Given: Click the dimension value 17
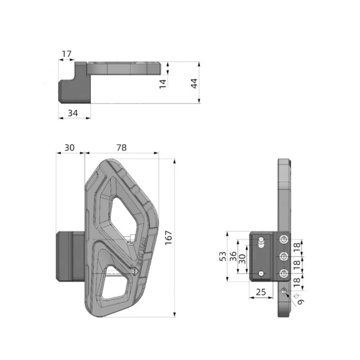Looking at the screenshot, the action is pos(67,54).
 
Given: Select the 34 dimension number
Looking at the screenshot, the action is pos(73,113).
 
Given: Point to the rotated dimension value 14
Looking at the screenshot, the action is pos(163,84).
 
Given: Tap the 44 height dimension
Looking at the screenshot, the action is pos(194,83).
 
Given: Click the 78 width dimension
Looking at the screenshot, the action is pos(121,148).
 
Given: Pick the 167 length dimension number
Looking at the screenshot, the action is pos(168,238).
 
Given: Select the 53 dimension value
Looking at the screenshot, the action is pos(223,256).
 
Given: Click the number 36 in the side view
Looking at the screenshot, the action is pos(233,256).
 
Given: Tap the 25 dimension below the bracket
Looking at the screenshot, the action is pos(261,292).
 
